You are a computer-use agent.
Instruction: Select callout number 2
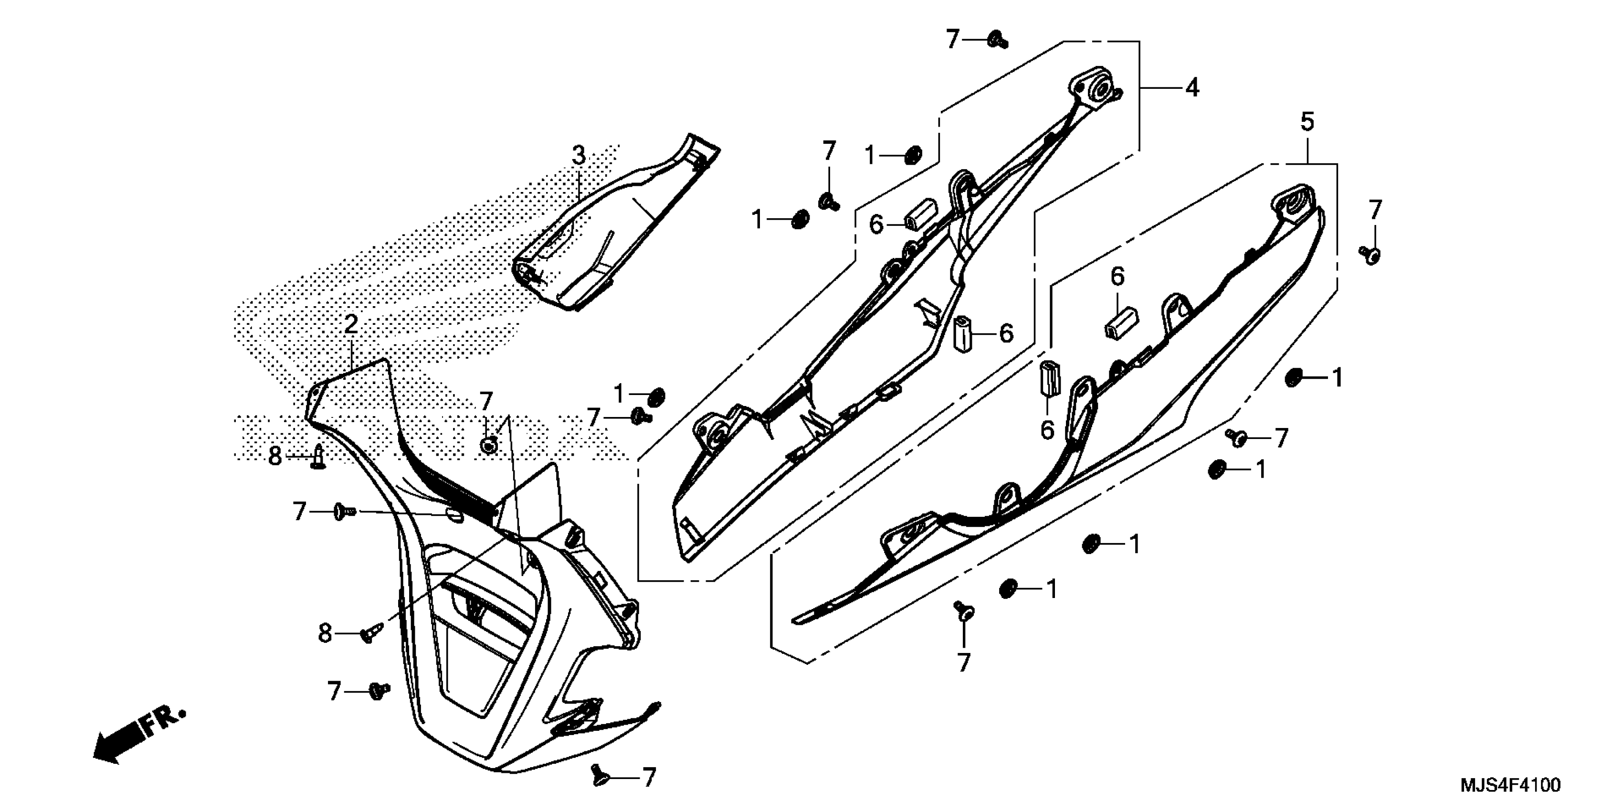pyautogui.click(x=351, y=325)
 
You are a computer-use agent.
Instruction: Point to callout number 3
pyautogui.click(x=579, y=155)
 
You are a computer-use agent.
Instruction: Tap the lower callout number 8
pyautogui.click(x=325, y=633)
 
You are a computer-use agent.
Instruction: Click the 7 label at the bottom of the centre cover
pyautogui.click(x=649, y=777)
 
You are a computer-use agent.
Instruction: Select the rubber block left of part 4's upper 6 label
pyautogui.click(x=920, y=214)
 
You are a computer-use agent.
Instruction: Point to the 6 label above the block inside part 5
pyautogui.click(x=1117, y=276)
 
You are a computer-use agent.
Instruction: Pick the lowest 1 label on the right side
pyautogui.click(x=1050, y=589)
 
